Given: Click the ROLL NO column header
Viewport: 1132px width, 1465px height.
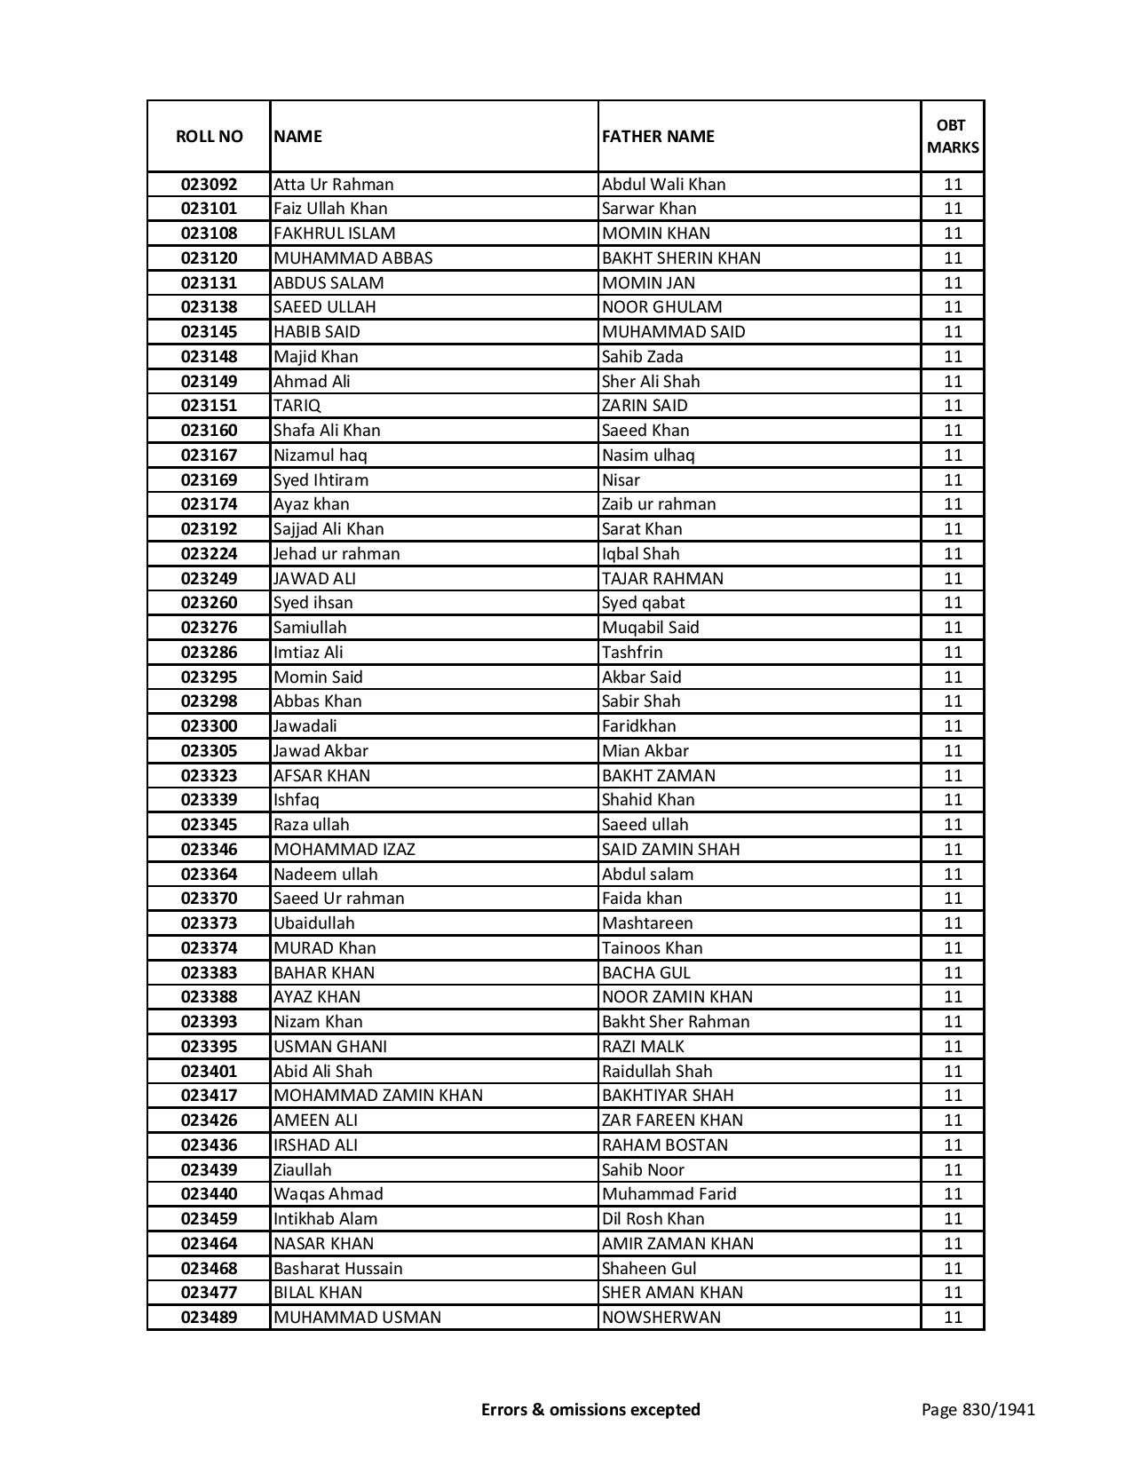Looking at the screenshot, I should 209,136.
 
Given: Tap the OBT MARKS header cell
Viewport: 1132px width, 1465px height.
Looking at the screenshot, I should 953,136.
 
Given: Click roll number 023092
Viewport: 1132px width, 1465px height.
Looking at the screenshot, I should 209,185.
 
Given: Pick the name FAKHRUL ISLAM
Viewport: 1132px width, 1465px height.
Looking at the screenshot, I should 335,234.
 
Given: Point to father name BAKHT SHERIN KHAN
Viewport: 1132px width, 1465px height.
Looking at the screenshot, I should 681,258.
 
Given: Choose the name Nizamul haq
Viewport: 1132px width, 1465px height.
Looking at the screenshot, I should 320,455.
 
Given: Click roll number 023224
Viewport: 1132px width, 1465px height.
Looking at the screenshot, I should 209,554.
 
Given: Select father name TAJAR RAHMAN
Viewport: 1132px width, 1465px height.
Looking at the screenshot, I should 662,579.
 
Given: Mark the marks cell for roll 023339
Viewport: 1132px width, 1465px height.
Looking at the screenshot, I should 953,800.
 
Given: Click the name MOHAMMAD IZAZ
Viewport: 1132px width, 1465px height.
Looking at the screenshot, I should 344,850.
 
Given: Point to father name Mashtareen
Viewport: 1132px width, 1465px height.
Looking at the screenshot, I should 647,923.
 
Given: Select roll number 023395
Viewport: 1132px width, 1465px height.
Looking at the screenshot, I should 209,1047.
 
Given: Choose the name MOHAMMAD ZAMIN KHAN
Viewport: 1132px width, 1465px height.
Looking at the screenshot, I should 378,1096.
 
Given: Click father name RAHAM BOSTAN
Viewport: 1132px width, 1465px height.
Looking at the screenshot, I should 665,1145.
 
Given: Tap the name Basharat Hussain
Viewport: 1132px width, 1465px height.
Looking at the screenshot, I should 337,1269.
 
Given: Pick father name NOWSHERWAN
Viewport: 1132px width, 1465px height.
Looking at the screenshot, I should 661,1318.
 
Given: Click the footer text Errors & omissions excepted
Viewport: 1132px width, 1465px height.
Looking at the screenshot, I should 590,1409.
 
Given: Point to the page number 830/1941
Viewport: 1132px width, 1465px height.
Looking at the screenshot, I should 978,1409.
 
